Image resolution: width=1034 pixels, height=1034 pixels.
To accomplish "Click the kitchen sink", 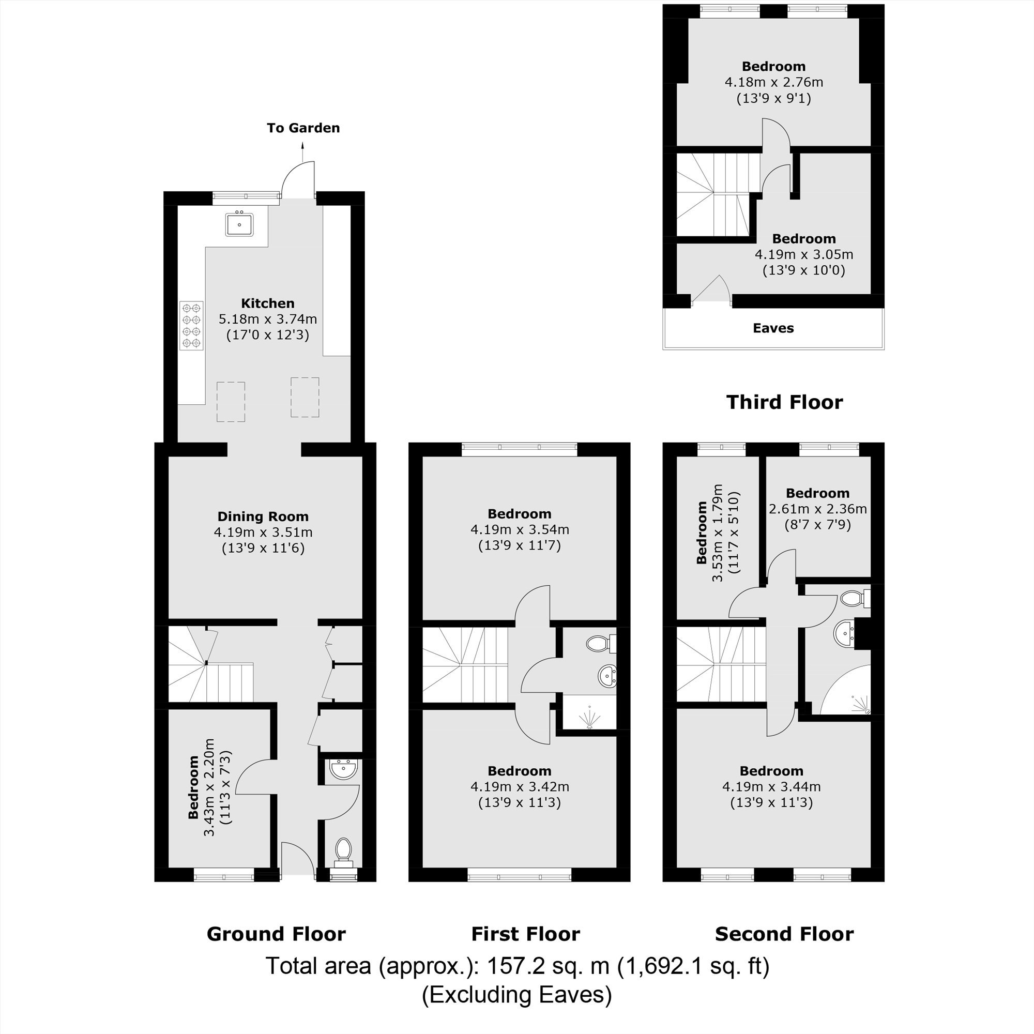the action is click(x=239, y=224).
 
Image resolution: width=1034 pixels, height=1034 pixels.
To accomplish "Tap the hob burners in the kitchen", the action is click(x=192, y=325).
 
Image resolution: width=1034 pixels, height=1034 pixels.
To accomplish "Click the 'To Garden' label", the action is click(x=303, y=128).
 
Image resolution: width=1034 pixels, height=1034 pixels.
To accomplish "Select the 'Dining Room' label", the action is click(x=263, y=516).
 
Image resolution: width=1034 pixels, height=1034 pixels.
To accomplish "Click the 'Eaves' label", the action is click(x=773, y=328).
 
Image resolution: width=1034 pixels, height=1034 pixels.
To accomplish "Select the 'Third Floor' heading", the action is click(x=785, y=402).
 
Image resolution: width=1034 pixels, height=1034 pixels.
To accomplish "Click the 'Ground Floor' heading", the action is click(x=276, y=934).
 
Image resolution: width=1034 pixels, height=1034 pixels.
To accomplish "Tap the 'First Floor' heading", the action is click(x=526, y=934).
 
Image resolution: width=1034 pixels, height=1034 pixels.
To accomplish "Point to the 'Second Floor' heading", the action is click(x=784, y=934).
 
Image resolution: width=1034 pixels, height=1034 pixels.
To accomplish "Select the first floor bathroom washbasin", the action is click(x=607, y=676).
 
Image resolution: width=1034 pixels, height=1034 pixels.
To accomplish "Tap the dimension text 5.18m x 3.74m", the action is click(x=268, y=320).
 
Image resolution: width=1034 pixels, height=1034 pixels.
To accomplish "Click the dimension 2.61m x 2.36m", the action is click(x=818, y=509).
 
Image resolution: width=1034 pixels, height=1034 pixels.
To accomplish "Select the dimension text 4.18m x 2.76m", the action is click(x=774, y=82).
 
